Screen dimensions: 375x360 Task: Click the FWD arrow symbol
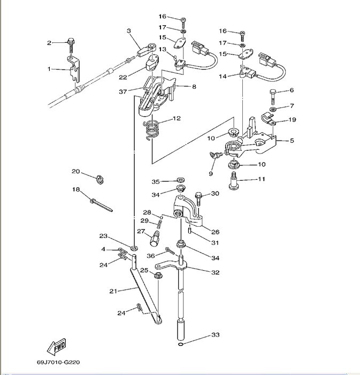click(56, 347)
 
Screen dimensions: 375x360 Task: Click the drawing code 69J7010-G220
click(58, 362)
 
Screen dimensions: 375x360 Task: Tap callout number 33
click(215, 335)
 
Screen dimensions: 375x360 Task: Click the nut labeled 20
click(99, 178)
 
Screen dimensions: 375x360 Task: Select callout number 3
click(129, 31)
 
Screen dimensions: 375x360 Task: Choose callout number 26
click(215, 232)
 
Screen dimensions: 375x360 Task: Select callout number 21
click(113, 291)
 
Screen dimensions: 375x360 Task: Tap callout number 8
click(194, 86)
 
